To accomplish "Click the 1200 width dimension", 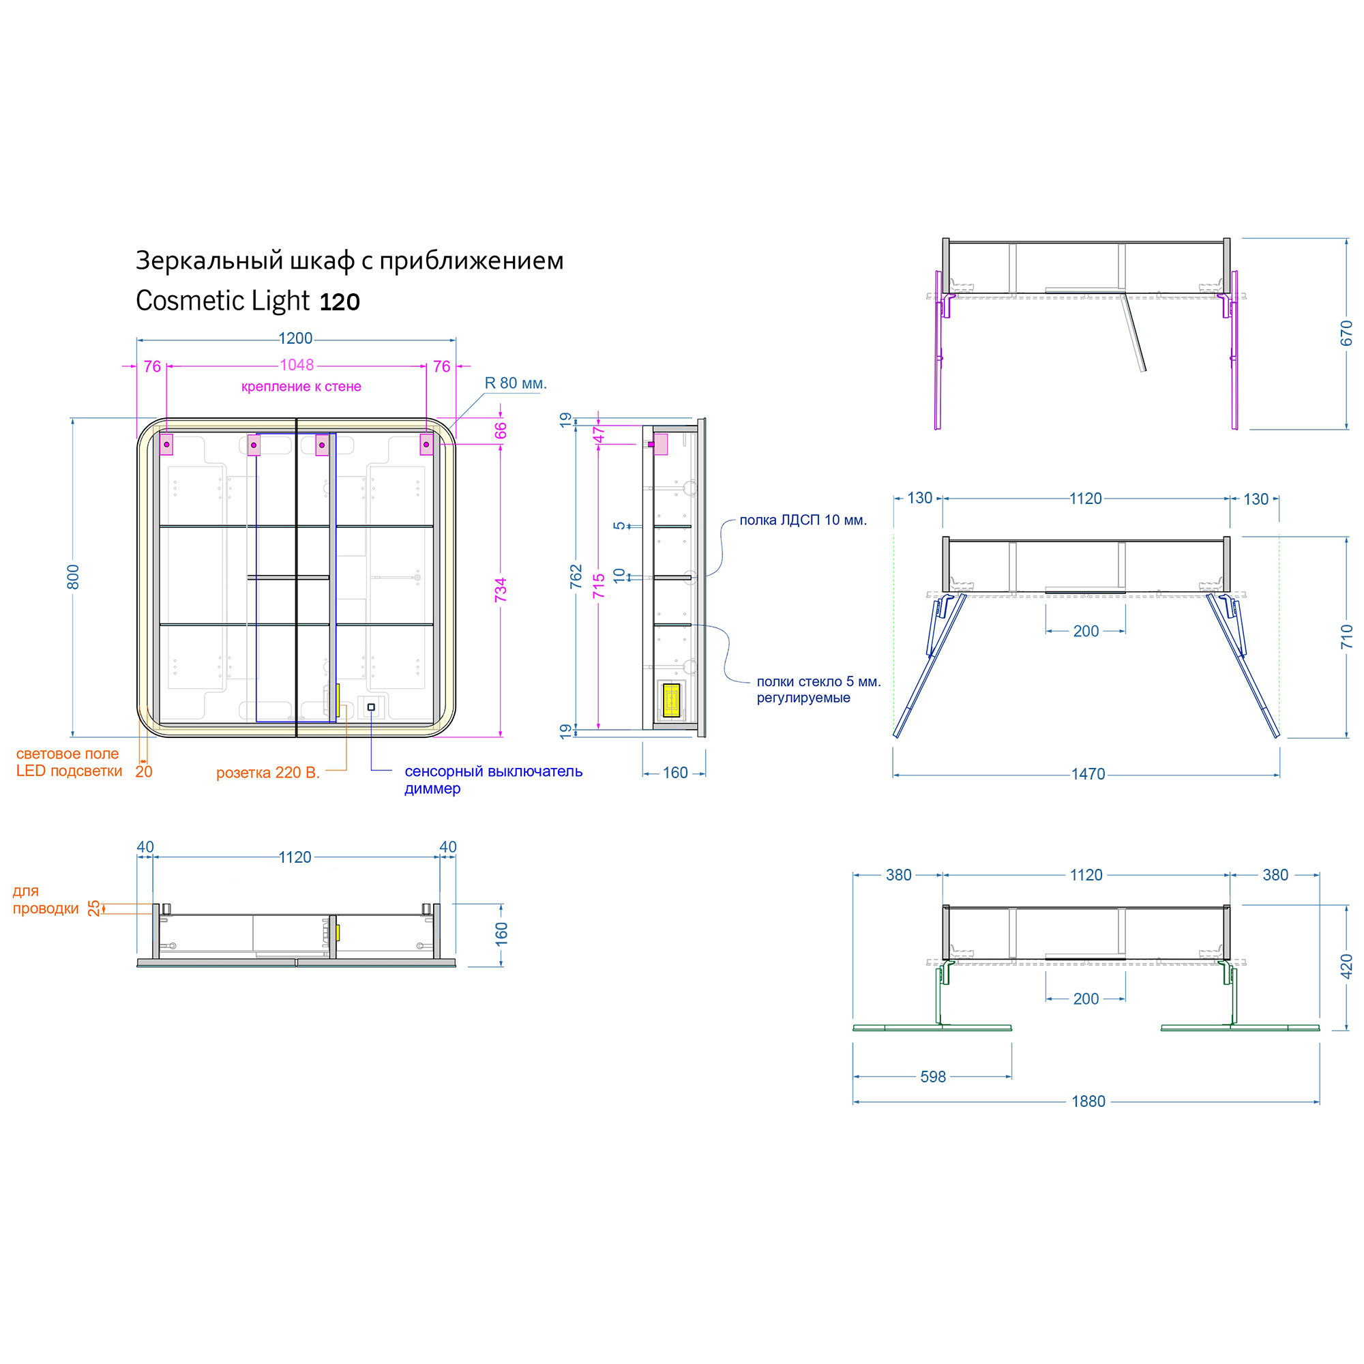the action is (x=295, y=338).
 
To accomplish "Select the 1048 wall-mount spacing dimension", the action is (x=297, y=365).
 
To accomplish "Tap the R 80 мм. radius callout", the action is (x=516, y=383).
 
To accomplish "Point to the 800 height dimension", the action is (x=73, y=577).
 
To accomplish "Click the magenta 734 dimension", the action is (x=501, y=590).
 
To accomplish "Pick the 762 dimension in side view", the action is (x=576, y=576).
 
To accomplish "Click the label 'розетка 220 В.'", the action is (x=268, y=773).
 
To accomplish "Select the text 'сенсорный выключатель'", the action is (x=494, y=771).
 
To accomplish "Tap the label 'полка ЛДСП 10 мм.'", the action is (x=803, y=520).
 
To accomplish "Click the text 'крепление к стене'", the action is (x=301, y=386).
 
